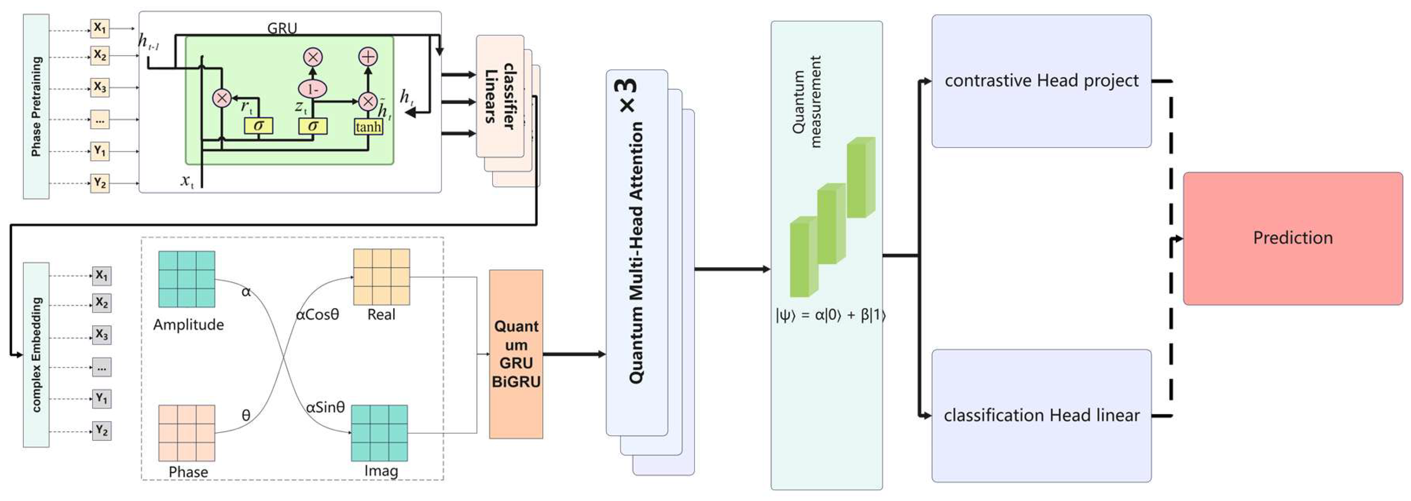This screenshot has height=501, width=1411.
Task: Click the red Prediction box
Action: point(1293,238)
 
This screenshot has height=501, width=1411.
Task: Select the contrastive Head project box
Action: point(1041,81)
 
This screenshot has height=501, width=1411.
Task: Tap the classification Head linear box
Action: point(1041,415)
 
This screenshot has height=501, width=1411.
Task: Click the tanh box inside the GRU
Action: point(368,127)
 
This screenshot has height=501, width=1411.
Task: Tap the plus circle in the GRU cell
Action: point(368,56)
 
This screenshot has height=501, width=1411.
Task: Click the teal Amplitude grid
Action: point(187,279)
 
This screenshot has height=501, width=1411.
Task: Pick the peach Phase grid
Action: point(187,433)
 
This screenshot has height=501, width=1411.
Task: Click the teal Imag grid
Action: point(379,433)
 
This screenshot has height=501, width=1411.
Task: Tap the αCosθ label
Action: point(318,314)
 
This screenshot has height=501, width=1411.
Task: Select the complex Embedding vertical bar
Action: point(36,354)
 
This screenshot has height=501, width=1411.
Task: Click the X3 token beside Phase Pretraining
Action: point(100,87)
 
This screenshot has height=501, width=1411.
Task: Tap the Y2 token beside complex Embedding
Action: point(102,430)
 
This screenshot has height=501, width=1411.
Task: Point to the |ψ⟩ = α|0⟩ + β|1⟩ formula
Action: point(830,315)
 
